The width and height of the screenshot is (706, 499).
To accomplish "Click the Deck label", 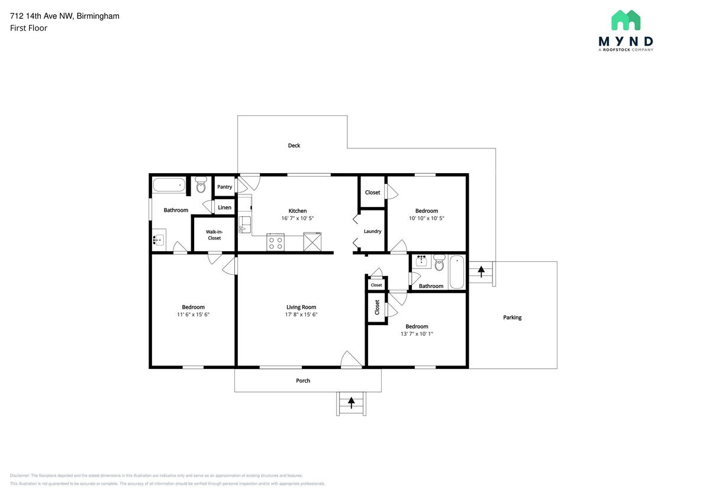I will click(294, 145).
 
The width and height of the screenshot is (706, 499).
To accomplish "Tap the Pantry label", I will click(224, 187).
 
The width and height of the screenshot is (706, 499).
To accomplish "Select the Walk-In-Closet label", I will click(214, 235).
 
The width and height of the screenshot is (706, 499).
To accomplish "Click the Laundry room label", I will click(372, 231).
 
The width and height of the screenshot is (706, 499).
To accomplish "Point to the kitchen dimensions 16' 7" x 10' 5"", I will click(298, 218).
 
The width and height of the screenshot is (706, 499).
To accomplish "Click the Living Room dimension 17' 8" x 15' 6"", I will click(301, 315).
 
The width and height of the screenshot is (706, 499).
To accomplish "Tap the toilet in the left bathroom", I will click(200, 185).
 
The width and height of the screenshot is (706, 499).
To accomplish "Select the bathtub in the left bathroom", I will click(169, 185).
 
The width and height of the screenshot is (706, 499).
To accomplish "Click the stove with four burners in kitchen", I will click(276, 242).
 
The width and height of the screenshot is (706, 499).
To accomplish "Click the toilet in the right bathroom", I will click(439, 263).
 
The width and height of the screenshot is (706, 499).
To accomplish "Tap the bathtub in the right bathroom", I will click(457, 272).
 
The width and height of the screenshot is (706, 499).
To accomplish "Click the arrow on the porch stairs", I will click(352, 403).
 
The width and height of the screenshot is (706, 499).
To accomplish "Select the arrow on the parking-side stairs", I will click(481, 272).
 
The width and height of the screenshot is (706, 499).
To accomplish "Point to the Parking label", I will click(512, 317).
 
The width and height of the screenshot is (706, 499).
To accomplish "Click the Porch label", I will click(303, 381).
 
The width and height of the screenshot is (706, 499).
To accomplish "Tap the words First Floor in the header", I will click(28, 28).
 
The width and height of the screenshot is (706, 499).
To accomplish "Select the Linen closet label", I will click(225, 208).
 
